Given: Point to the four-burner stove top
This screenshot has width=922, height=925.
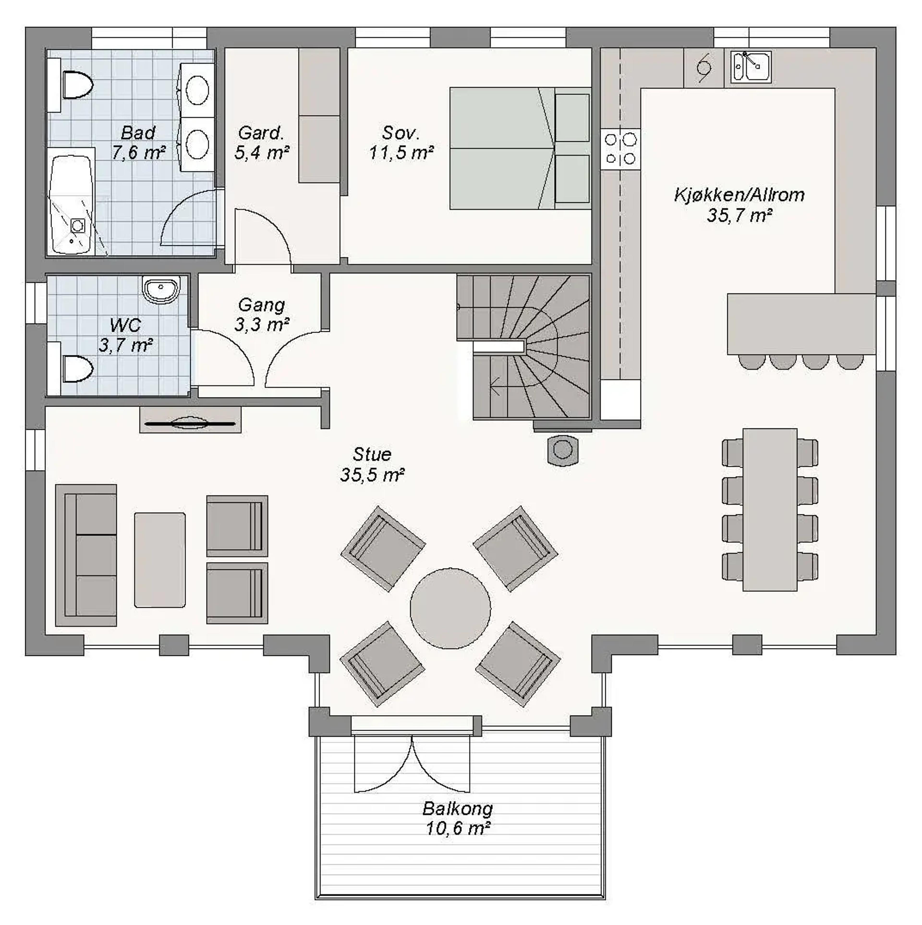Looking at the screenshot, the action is click(x=620, y=148).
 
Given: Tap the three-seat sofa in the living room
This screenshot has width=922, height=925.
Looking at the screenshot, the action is click(x=86, y=555).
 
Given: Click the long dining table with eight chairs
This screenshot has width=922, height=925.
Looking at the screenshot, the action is click(x=770, y=510).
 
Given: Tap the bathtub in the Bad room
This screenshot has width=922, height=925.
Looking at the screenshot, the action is click(x=71, y=201).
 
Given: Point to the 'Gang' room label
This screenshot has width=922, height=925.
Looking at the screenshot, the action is click(x=261, y=305).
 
